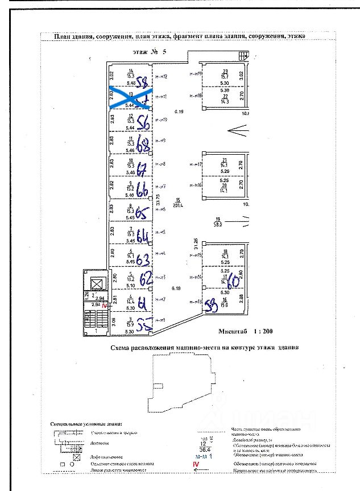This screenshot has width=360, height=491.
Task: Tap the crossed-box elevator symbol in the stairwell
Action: (97, 283)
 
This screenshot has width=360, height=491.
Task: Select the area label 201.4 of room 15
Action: (177, 205)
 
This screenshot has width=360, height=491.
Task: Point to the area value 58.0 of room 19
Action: (217, 224)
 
